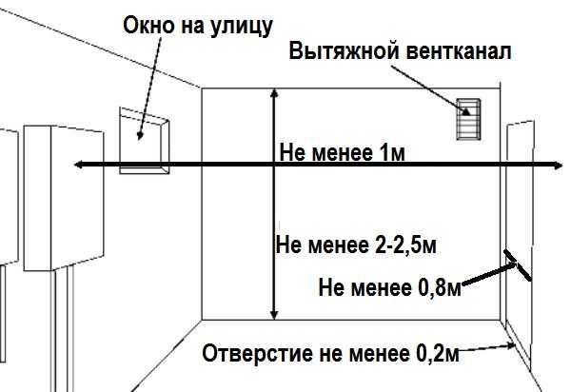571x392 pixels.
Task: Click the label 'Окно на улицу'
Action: point(198,27)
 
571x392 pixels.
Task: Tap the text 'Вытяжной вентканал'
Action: point(400,51)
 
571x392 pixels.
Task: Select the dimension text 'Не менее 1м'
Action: point(342,152)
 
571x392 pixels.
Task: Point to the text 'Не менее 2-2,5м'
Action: point(356,245)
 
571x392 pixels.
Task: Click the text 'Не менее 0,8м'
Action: point(390,287)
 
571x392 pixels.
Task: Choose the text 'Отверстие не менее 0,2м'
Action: point(330,353)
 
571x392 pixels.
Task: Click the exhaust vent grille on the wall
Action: point(468,119)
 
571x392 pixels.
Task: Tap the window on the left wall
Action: point(145,141)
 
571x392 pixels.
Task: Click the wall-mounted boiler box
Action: point(64,198)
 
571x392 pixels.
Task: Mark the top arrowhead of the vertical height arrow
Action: point(275,93)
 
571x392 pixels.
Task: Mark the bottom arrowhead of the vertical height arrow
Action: point(275,315)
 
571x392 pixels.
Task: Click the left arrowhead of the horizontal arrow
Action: point(78,165)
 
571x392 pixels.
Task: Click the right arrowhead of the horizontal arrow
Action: point(559,166)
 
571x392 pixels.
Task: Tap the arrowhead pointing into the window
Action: point(140,136)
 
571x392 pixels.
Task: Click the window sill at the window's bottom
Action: point(145,170)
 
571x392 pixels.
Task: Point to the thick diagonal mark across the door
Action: point(518,265)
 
